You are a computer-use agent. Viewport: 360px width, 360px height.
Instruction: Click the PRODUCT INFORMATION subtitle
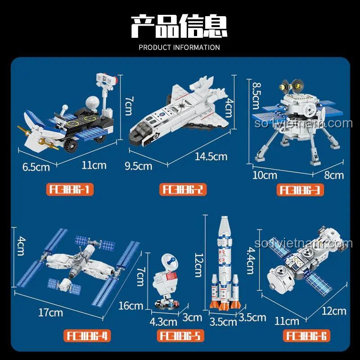tap(179, 47)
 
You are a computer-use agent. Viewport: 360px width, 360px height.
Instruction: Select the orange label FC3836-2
tap(183, 190)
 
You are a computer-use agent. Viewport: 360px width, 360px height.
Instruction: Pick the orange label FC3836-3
tap(301, 190)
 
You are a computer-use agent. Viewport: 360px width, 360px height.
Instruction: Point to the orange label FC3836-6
tap(306, 336)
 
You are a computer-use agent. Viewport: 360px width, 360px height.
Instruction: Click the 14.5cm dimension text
tap(211, 157)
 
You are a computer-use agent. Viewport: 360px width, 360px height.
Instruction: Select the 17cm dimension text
tap(50, 312)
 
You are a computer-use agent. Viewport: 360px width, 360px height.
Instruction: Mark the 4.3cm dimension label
tap(163, 322)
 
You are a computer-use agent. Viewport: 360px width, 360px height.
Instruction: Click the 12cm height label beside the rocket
tap(198, 264)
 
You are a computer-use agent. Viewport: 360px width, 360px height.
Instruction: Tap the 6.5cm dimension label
tap(36, 167)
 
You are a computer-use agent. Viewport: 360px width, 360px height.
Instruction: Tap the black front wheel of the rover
tap(72, 146)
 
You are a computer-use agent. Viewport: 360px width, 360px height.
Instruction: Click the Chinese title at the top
tap(179, 26)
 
